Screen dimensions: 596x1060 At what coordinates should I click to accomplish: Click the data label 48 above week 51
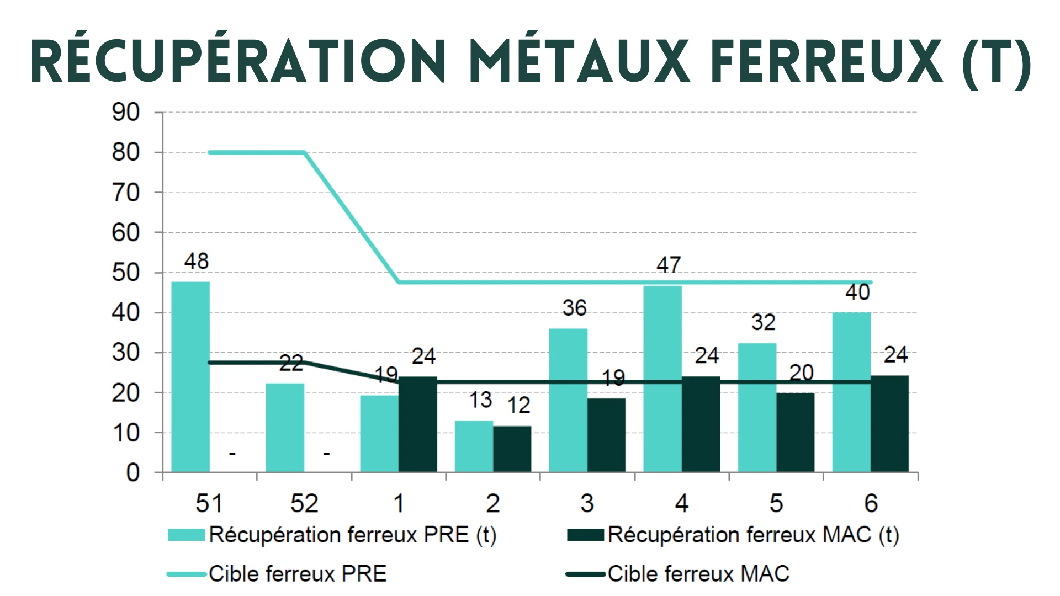(197, 262)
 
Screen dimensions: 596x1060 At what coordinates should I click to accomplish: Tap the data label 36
(574, 308)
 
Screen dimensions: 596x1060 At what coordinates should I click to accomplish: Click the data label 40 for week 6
(857, 292)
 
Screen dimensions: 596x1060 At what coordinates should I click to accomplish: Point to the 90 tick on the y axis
(126, 113)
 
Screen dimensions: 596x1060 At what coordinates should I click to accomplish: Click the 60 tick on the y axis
(126, 233)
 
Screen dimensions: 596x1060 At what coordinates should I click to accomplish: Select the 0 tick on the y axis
(132, 473)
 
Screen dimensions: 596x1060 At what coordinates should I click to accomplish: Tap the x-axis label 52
(304, 503)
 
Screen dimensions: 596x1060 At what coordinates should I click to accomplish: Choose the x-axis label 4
(682, 503)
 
